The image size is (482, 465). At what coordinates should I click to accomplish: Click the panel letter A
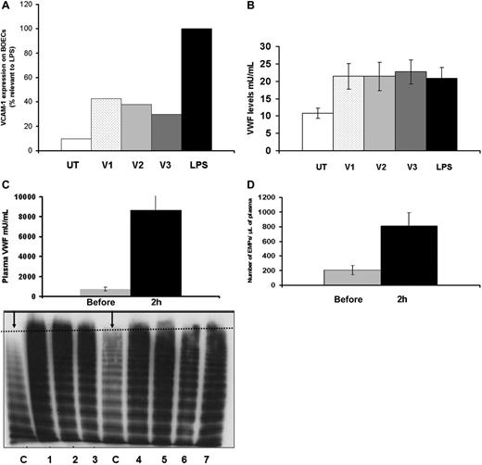tap(8, 7)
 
